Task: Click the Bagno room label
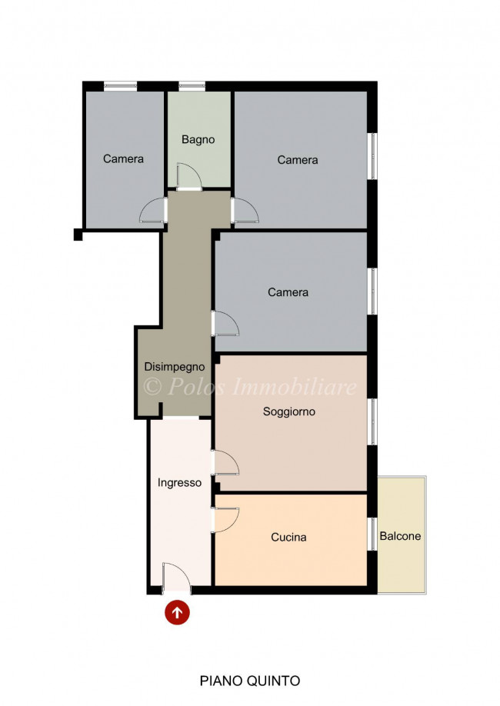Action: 198,139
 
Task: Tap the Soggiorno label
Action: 288,411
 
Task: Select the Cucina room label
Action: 288,537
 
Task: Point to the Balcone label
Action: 400,536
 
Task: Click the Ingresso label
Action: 179,483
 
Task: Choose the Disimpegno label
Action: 175,367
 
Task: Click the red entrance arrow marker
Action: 177,612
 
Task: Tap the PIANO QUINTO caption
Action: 250,681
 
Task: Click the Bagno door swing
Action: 188,176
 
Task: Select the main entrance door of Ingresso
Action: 176,578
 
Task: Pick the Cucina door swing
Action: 225,520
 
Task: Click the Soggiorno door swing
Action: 225,462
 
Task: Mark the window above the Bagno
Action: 192,85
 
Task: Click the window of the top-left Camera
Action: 120,85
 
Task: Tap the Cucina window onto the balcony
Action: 372,534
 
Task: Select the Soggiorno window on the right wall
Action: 372,422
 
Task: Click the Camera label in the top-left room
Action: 123,159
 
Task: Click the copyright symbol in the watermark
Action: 152,386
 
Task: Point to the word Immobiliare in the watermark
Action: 294,386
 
